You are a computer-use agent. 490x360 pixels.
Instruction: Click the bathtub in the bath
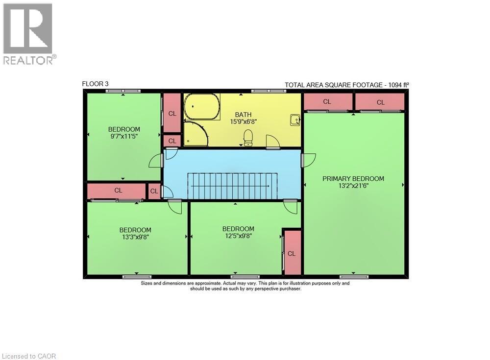(x=201, y=106)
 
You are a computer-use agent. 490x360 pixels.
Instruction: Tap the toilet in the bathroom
(x=248, y=137)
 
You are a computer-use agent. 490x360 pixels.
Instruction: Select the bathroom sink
(x=295, y=120)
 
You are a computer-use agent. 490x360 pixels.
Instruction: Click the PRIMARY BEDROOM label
(x=353, y=179)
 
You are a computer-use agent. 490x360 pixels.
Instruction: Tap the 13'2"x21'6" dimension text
(x=353, y=186)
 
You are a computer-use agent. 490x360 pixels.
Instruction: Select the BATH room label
(x=243, y=115)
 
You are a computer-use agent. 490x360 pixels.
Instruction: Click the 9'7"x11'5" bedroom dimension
(x=124, y=137)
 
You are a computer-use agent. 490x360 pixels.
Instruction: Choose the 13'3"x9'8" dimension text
(x=135, y=237)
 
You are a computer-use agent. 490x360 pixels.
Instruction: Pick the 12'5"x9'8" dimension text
(x=238, y=236)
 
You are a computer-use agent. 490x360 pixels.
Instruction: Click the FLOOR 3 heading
(x=92, y=84)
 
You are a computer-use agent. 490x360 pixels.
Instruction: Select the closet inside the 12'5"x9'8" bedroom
(x=292, y=253)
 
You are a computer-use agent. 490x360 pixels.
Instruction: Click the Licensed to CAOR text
(x=29, y=356)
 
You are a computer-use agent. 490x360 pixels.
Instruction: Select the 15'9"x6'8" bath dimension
(x=243, y=122)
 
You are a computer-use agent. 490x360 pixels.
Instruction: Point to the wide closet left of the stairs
(x=117, y=191)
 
